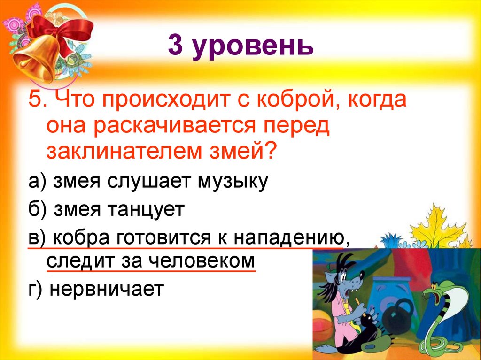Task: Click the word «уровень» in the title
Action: tap(253, 47)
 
